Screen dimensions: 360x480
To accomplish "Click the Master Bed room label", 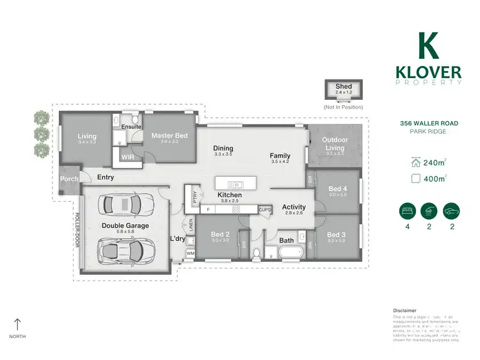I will tap(169, 135).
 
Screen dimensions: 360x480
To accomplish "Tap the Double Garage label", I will tap(125, 225).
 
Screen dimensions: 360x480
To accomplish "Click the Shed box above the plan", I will tap(344, 90).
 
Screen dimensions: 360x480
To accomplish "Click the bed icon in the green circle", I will tap(405, 211).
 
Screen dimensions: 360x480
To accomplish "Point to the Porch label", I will tap(68, 179).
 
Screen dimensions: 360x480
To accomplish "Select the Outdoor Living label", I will tap(334, 144).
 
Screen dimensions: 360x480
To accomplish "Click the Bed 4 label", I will tap(337, 188).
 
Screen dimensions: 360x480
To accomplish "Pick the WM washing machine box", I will tap(190, 254).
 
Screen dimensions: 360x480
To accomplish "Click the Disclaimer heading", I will tap(404, 309).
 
